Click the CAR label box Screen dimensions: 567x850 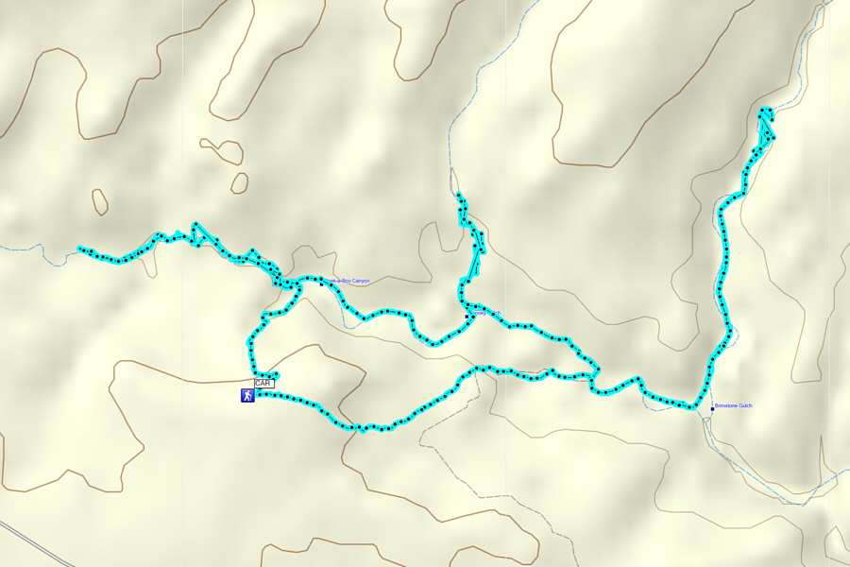pyautogui.click(x=263, y=384)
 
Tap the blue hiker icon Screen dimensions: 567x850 pyautogui.click(x=247, y=396)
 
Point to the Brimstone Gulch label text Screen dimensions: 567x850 pyautogui.click(x=734, y=405)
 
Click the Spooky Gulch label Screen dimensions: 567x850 pyautogui.click(x=486, y=313)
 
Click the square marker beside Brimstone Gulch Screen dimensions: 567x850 pyautogui.click(x=712, y=408)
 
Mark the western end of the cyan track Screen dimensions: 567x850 pyautogui.click(x=80, y=249)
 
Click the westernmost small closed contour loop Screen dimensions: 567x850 pyautogui.click(x=99, y=201)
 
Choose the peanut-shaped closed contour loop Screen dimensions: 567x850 pyautogui.click(x=222, y=149)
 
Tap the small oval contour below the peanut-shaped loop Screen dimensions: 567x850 pyautogui.click(x=240, y=182)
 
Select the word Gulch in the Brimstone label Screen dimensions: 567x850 pyautogui.click(x=744, y=405)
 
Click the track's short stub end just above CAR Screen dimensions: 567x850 pyautogui.click(x=276, y=374)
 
